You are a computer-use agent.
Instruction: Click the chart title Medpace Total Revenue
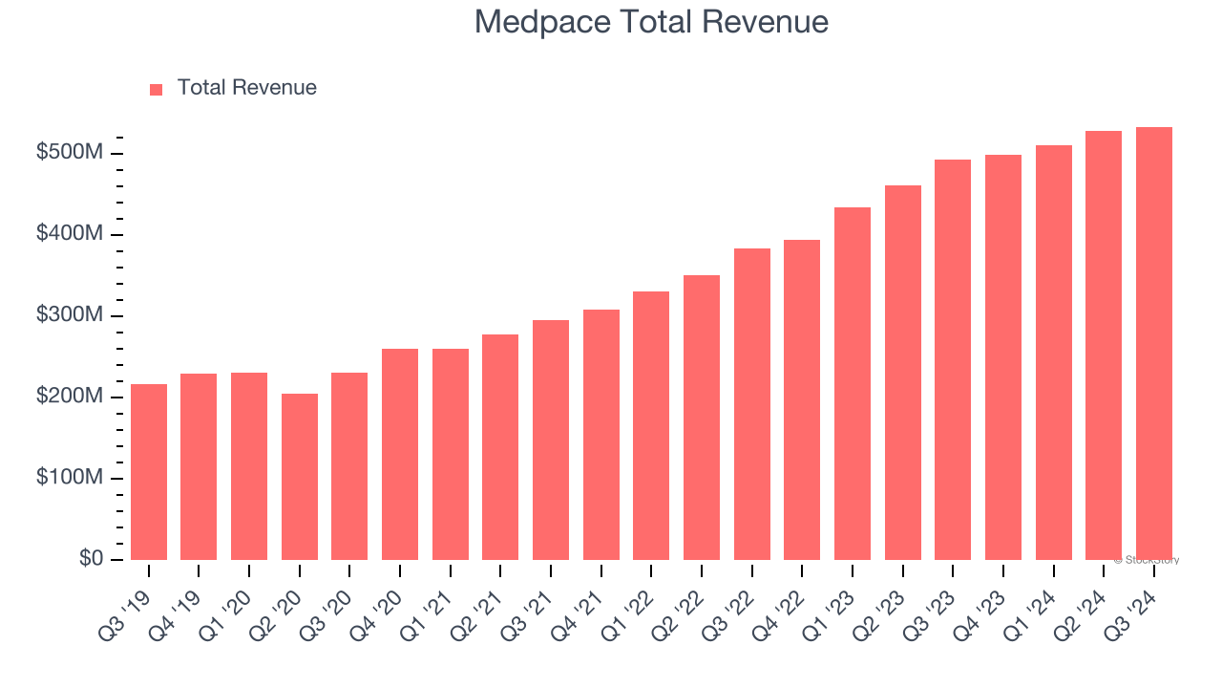click(651, 22)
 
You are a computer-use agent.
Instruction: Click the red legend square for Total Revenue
click(157, 89)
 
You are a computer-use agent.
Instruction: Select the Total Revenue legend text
click(246, 88)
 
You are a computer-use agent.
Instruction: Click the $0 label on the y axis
click(91, 558)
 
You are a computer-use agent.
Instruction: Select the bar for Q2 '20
click(299, 477)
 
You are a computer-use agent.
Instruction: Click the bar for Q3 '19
click(148, 472)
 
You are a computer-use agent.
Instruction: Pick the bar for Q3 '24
click(1153, 344)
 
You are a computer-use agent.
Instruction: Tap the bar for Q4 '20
click(399, 454)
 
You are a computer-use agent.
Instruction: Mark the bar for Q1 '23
click(852, 383)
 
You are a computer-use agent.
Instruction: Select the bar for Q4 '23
click(1002, 357)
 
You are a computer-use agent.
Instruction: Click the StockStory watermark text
click(1147, 560)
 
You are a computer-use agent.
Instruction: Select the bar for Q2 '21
click(500, 447)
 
